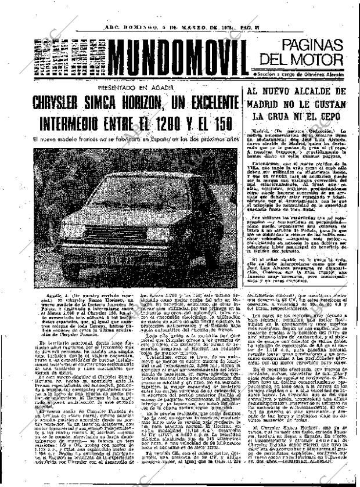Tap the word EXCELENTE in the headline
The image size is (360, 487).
point(208,104)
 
